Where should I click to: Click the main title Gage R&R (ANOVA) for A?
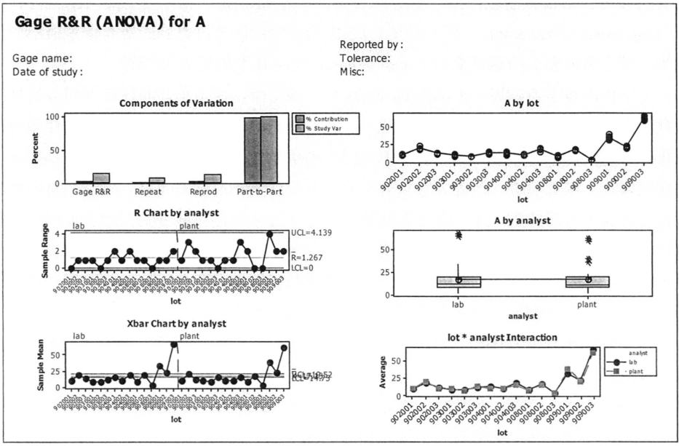pos(109,22)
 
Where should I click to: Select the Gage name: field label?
pos(41,58)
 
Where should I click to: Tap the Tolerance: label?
pos(366,58)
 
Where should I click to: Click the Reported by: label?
pos(371,45)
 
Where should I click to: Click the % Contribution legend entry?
pos(327,119)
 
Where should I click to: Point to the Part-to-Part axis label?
pos(261,196)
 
